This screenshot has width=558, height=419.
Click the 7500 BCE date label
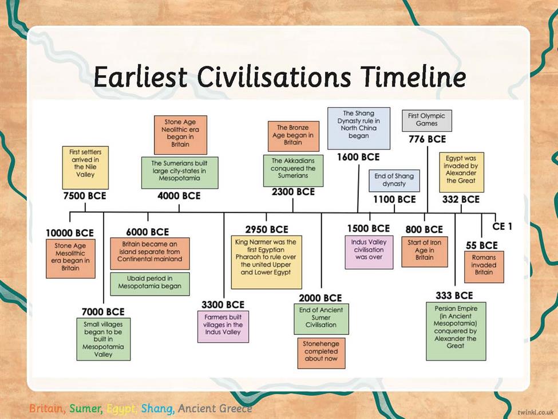tap(85, 195)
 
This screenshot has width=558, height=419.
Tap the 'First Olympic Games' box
tap(427, 120)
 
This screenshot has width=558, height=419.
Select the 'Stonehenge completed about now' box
tap(321, 353)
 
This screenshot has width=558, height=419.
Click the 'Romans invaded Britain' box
tap(484, 267)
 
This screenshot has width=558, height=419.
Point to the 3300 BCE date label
tap(223, 304)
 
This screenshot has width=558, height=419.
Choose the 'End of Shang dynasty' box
tap(394, 181)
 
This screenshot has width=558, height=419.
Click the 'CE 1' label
tap(502, 226)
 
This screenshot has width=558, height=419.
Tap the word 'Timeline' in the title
tap(413, 77)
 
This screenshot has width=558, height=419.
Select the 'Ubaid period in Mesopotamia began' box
tap(150, 284)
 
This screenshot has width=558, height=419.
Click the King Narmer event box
tap(267, 262)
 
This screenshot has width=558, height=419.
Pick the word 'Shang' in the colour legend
tap(157, 408)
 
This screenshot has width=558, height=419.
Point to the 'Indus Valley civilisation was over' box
tap(369, 252)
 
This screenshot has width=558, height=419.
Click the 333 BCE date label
tap(454, 295)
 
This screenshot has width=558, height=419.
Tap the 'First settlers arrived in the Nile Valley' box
tap(85, 167)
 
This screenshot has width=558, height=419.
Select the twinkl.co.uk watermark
tap(536, 412)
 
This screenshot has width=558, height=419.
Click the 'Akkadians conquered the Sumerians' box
tap(293, 170)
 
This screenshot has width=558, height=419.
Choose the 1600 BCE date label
tap(358, 157)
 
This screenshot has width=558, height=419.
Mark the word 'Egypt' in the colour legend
tap(122, 408)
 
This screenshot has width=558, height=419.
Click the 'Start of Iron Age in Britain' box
tap(425, 252)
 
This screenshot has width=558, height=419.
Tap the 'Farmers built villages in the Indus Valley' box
tap(223, 326)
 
